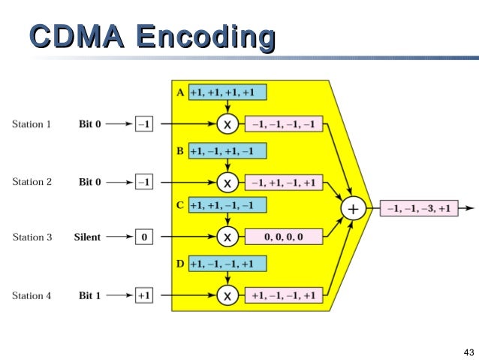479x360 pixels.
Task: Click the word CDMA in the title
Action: [x=76, y=37]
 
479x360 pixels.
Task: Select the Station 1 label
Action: [x=32, y=124]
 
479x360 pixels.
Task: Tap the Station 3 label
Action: [x=32, y=237]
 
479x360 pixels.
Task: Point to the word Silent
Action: [x=87, y=237]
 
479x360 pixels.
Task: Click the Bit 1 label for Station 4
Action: [x=89, y=295]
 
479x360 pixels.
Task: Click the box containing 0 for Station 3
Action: [x=144, y=237]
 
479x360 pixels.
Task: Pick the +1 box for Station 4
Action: [x=144, y=296]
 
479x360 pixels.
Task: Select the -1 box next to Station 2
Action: [x=144, y=182]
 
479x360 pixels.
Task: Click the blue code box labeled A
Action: [x=227, y=92]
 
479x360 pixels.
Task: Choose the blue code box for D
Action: [x=227, y=264]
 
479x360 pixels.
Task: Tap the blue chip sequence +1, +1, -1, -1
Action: [x=227, y=205]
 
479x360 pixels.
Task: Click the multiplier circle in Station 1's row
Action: [x=227, y=123]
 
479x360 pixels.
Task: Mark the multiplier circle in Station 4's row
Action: [x=227, y=296]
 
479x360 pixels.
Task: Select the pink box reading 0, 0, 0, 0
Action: [x=284, y=237]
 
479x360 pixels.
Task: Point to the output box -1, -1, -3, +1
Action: [x=420, y=209]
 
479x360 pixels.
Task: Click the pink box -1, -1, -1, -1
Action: [x=284, y=123]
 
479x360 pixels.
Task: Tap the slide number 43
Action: [x=468, y=352]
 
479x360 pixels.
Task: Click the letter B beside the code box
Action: [x=180, y=150]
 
